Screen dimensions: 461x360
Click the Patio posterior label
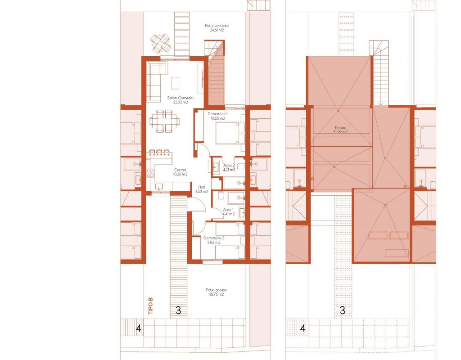pyautogui.click(x=217, y=27)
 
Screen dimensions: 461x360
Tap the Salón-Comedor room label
pyautogui.click(x=181, y=100)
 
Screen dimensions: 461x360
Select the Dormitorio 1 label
pyautogui.click(x=217, y=116)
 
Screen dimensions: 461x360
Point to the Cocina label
pyautogui.click(x=180, y=172)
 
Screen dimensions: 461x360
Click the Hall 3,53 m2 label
pyautogui.click(x=202, y=189)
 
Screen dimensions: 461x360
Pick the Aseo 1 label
pyautogui.click(x=228, y=211)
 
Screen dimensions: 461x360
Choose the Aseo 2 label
pyautogui.click(x=229, y=167)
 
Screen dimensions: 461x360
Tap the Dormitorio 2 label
pyautogui.click(x=214, y=240)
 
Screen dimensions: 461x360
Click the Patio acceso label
pyautogui.click(x=216, y=292)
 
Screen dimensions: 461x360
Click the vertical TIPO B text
pyautogui.click(x=151, y=306)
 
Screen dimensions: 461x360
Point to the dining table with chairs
pyautogui.click(x=164, y=121)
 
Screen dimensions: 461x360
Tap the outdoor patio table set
pyautogui.click(x=161, y=43)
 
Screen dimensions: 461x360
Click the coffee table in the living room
pyautogui.click(x=175, y=83)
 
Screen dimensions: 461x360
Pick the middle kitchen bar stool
pyautogui.click(x=159, y=152)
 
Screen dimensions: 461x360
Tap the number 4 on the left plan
pyautogui.click(x=139, y=328)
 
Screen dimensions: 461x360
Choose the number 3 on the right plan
pyautogui.click(x=342, y=310)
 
